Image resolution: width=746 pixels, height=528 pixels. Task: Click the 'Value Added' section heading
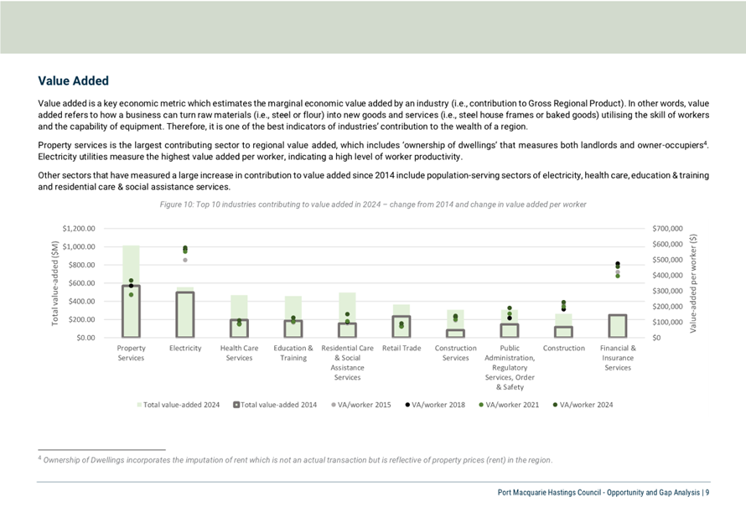coord(73,80)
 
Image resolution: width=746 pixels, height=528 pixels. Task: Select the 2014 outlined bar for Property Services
coord(122,312)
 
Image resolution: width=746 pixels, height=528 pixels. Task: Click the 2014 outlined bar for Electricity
coord(177,314)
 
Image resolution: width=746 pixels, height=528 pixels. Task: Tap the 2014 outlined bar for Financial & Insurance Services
coord(609,326)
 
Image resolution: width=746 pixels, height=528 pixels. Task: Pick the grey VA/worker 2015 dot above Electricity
coord(185,260)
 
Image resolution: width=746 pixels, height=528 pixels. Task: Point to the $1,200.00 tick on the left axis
coord(79,229)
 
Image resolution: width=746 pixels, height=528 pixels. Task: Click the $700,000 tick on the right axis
coord(667,229)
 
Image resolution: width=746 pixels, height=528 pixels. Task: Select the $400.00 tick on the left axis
coord(82,302)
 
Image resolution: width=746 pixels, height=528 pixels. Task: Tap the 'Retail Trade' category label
coord(401,348)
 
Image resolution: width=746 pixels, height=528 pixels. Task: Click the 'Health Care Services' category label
coord(240,353)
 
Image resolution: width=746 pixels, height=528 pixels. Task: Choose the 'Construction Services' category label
coord(455,353)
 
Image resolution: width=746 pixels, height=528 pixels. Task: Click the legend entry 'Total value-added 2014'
coord(275,405)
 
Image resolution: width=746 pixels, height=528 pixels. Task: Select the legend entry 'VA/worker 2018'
coord(435,405)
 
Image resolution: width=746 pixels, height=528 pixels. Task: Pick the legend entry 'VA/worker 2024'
coord(583,405)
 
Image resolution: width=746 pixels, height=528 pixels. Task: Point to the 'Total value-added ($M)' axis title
coord(54,283)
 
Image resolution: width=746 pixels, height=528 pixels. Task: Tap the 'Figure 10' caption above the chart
coord(373,204)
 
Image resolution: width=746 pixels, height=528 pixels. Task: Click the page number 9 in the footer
coord(707,493)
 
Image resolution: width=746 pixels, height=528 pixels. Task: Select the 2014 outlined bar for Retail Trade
coord(393,327)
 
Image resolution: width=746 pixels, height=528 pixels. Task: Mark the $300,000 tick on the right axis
coord(667,291)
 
